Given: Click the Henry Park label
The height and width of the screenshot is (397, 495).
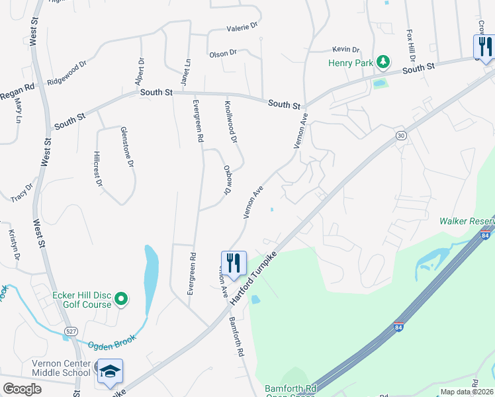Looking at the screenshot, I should click(x=351, y=63).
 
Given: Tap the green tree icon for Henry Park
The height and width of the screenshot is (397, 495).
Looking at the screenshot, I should click(x=382, y=62).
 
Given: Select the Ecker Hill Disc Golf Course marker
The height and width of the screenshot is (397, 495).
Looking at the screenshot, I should click(x=120, y=300).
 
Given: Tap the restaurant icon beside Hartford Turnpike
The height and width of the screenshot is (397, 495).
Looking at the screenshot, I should click(x=233, y=263).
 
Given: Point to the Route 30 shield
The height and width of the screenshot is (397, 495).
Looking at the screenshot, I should click(x=401, y=135).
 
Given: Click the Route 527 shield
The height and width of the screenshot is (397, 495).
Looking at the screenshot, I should click(x=70, y=330).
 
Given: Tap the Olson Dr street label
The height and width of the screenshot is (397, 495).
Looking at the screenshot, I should click(x=222, y=53).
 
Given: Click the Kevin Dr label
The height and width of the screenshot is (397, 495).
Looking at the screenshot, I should click(x=345, y=50).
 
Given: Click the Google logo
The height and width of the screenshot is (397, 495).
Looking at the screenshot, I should click(x=22, y=388).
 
